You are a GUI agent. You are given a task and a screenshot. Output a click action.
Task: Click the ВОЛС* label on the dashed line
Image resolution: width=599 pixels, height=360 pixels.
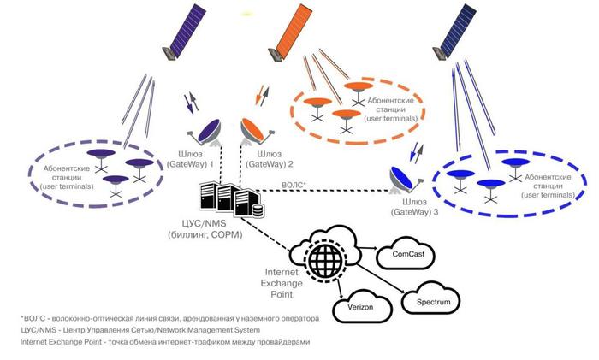click(x=294, y=186)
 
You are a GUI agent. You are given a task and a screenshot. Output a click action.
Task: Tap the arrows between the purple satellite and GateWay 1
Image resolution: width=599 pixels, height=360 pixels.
click(x=193, y=105)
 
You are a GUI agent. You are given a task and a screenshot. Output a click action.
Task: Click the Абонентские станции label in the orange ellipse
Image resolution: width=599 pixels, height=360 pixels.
click(x=390, y=107)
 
